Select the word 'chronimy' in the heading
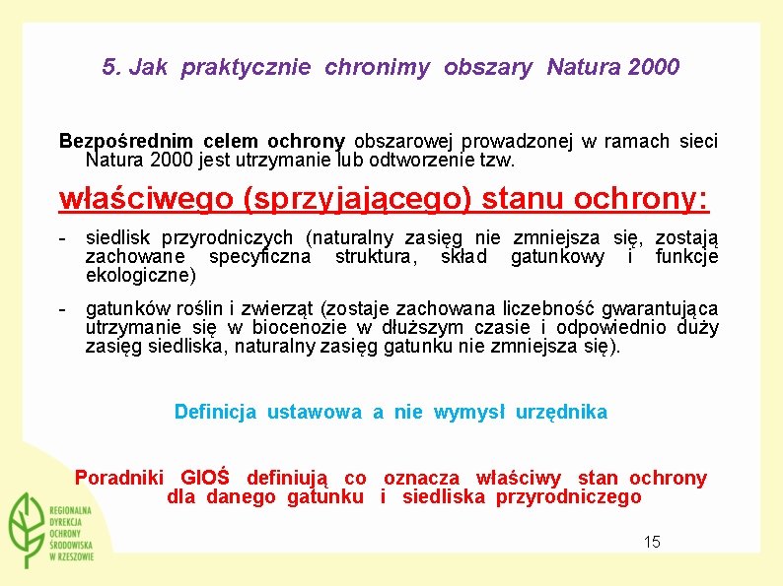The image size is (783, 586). tap(378, 68)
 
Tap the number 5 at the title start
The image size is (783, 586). tap(108, 68)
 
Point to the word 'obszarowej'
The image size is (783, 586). tap(401, 141)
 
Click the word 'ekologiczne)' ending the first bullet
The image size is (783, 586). tap(141, 275)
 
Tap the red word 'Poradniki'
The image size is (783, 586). tap(119, 479)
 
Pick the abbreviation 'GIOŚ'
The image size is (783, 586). tap(205, 479)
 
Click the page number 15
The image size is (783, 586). tap(652, 542)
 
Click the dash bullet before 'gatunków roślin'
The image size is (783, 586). tap(62, 309)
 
